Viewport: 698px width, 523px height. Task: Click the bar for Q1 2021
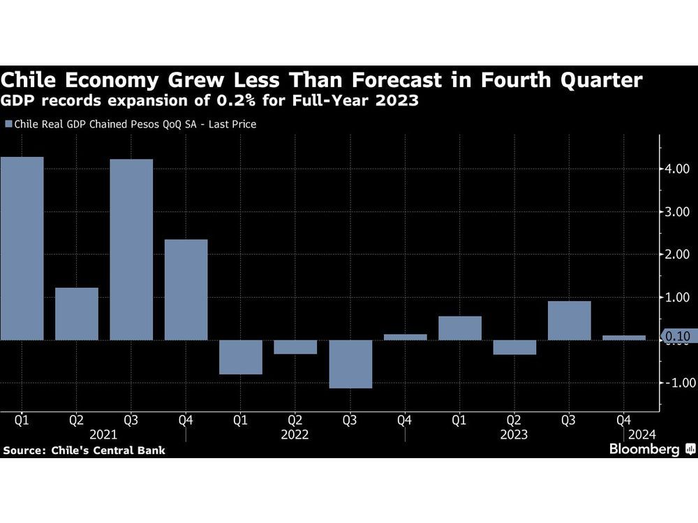22,248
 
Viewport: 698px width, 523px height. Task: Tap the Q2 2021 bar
77,314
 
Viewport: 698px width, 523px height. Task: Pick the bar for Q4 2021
186,289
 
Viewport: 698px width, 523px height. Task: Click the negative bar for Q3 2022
350,364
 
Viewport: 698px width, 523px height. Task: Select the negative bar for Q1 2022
241,357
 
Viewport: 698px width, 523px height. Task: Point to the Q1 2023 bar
460,328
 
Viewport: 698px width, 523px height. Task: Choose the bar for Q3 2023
570,320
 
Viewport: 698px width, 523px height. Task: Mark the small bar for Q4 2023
624,338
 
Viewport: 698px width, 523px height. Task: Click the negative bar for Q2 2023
514,347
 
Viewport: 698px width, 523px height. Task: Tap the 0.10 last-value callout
676,337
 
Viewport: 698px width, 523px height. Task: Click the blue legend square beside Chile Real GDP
8,124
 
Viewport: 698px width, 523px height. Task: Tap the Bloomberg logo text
644,450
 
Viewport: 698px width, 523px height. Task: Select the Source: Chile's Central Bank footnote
84,450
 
